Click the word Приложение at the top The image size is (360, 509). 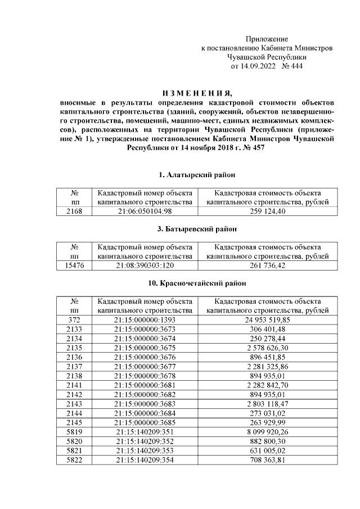coord(267,39)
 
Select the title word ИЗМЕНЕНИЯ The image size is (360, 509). coord(196,93)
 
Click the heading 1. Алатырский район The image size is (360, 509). coord(196,175)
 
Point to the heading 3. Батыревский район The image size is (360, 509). coord(196,229)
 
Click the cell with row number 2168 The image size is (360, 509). coord(74,211)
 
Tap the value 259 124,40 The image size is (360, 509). coord(267,211)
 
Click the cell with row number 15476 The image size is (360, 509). coord(74,265)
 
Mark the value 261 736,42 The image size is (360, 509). coord(267,265)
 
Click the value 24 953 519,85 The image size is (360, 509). coord(267,319)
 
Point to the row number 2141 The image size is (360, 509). coord(74,385)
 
